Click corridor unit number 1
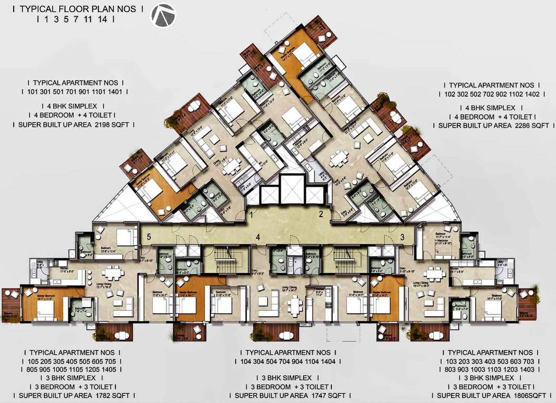252,214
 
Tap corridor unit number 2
320,214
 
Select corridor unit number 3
402,237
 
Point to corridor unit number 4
258,237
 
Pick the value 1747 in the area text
310,395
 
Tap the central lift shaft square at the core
288,187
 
